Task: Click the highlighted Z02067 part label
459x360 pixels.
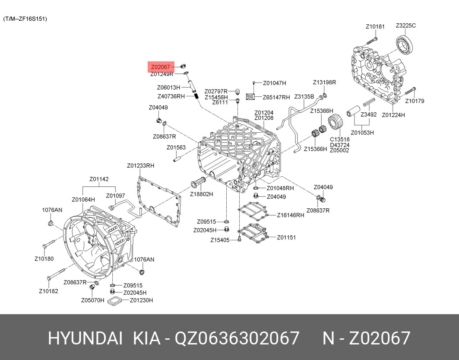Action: pyautogui.click(x=161, y=67)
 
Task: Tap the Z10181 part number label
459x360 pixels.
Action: pyautogui.click(x=375, y=27)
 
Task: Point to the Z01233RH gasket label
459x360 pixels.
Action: pyautogui.click(x=140, y=166)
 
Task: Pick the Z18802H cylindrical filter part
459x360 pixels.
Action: pyautogui.click(x=198, y=183)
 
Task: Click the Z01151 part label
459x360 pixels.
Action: pyautogui.click(x=286, y=237)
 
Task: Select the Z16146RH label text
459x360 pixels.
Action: pyautogui.click(x=291, y=215)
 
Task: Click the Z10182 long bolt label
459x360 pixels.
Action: pyautogui.click(x=48, y=291)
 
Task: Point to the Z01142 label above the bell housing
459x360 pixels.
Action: pyautogui.click(x=99, y=179)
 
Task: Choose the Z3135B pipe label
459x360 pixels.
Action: pyautogui.click(x=304, y=96)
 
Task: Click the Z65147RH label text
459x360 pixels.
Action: pyautogui.click(x=276, y=98)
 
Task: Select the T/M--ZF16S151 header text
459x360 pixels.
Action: pyautogui.click(x=25, y=19)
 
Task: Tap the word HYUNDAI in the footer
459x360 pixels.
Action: pyautogui.click(x=85, y=338)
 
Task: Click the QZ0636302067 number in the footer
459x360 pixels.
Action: pyautogui.click(x=237, y=338)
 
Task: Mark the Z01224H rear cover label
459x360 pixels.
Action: pyautogui.click(x=393, y=115)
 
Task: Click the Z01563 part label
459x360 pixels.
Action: pyautogui.click(x=176, y=148)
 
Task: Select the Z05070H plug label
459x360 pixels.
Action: pyautogui.click(x=92, y=300)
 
